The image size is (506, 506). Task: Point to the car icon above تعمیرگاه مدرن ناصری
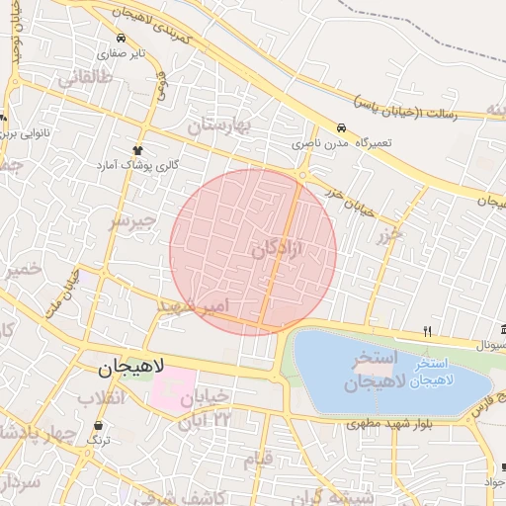pyautogui.click(x=341, y=128)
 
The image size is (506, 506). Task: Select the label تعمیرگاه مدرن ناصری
pyautogui.click(x=341, y=143)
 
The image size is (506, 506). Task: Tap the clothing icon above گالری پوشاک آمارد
pyautogui.click(x=140, y=149)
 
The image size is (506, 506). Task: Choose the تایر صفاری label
pyautogui.click(x=126, y=51)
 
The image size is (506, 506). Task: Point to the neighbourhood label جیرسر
pyautogui.click(x=132, y=221)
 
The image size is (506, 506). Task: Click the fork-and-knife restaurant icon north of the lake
pyautogui.click(x=427, y=331)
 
